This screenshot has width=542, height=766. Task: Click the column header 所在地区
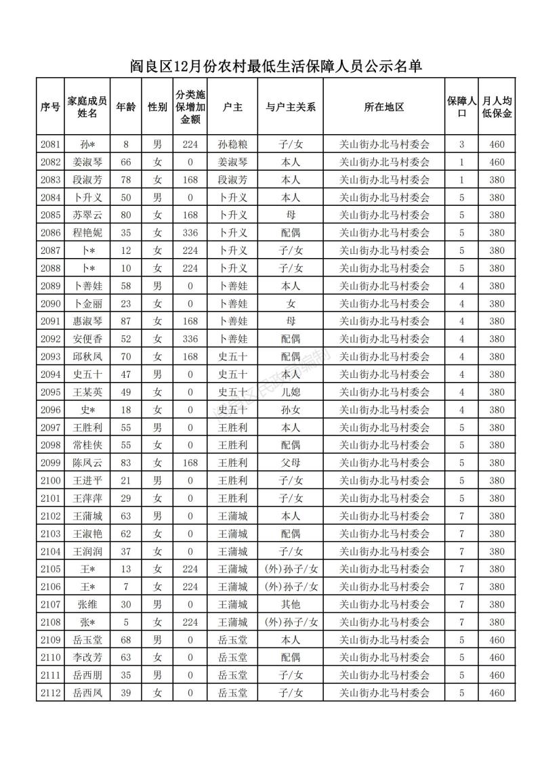[x=384, y=107]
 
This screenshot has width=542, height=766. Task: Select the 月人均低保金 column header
[x=497, y=107]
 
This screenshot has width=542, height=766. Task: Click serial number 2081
[x=51, y=144]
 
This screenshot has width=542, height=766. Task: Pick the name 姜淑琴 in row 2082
[x=88, y=162]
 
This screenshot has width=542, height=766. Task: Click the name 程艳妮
[x=88, y=233]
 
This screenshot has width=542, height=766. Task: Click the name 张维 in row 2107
[x=88, y=604]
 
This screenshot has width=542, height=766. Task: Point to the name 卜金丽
[x=88, y=303]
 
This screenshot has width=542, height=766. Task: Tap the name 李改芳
[x=88, y=658]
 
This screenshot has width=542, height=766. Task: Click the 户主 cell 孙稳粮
[x=232, y=144]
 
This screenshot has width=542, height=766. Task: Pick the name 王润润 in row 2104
[x=88, y=551]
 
